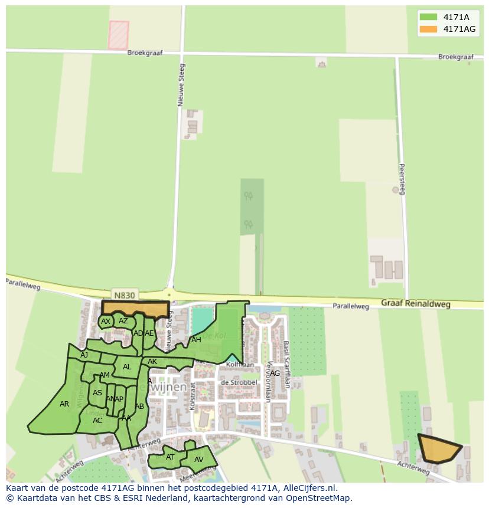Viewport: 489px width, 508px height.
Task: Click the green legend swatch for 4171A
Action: [428, 17]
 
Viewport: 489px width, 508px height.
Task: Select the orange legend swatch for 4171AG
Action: [428, 29]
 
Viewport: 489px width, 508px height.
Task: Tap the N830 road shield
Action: [124, 295]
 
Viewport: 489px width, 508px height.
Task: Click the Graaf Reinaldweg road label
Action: [415, 304]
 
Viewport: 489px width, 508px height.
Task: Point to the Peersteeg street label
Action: [402, 179]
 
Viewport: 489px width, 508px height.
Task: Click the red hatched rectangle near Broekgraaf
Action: [118, 34]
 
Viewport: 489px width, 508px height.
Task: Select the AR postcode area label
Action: [64, 404]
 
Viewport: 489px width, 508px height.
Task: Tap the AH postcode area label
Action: [196, 340]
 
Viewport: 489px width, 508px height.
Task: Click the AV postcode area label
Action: [198, 460]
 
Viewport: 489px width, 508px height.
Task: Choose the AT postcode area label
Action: [170, 457]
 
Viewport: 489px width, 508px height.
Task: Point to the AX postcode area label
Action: [106, 322]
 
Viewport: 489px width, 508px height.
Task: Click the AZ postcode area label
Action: [123, 321]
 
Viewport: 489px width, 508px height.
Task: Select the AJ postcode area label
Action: [84, 355]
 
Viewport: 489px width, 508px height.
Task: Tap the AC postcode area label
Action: [97, 421]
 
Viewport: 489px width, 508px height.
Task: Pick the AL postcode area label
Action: [127, 367]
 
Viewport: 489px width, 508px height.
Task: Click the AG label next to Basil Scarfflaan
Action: [275, 373]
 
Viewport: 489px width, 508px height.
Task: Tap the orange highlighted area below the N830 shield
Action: [135, 309]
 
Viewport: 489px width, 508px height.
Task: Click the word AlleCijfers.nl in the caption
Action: [308, 488]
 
